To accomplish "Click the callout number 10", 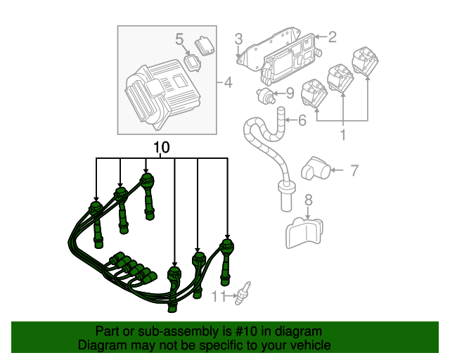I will tap(161, 148).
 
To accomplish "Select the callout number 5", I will tap(179, 38).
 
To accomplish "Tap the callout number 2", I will tap(333, 37).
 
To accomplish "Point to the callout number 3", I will tap(239, 38).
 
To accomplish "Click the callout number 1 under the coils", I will tap(343, 133).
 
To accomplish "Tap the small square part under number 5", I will tap(191, 60).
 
